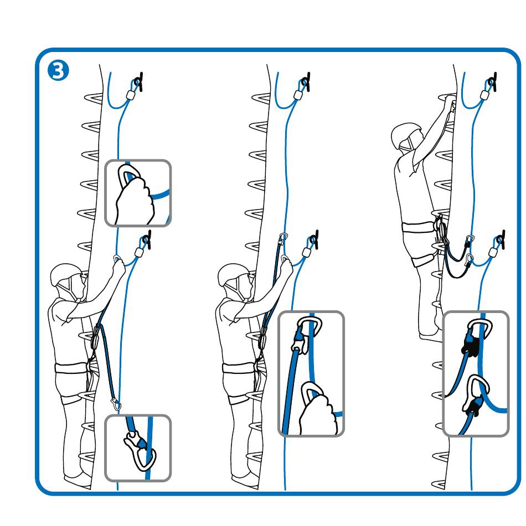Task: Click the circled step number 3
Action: click(58, 71)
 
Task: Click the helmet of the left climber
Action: click(65, 274)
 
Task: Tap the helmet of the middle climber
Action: click(233, 274)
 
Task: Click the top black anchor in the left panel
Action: click(138, 81)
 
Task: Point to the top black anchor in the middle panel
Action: click(306, 81)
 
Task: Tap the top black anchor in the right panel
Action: click(492, 81)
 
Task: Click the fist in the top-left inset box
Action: click(135, 201)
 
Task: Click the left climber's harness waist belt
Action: click(71, 368)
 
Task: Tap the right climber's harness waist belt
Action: click(418, 226)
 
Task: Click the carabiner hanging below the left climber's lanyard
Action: click(116, 404)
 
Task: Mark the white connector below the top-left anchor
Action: click(131, 95)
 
